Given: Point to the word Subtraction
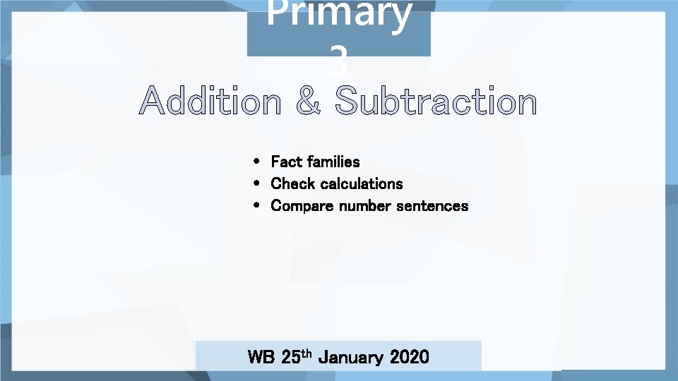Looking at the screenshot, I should (436, 102).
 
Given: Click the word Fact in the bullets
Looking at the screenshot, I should (287, 162).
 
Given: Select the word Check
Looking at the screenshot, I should (293, 183).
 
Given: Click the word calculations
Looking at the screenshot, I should (362, 183).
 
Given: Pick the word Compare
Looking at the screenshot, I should (302, 206).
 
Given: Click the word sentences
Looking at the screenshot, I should (432, 206).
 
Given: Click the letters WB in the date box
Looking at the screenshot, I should (261, 357).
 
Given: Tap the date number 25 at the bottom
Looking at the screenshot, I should (290, 357).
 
